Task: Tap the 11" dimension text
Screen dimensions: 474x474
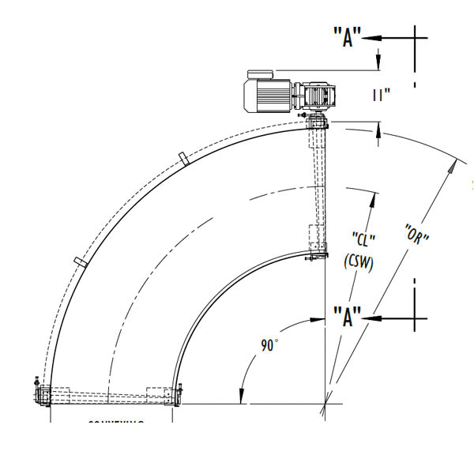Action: (x=382, y=95)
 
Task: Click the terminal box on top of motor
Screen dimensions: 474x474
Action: (x=261, y=74)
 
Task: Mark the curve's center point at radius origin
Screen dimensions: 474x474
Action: (x=325, y=405)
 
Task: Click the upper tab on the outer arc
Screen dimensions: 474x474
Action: (x=184, y=159)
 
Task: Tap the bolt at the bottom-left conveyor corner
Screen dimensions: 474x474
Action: (x=36, y=388)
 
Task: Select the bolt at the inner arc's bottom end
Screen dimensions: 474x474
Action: (x=181, y=389)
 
